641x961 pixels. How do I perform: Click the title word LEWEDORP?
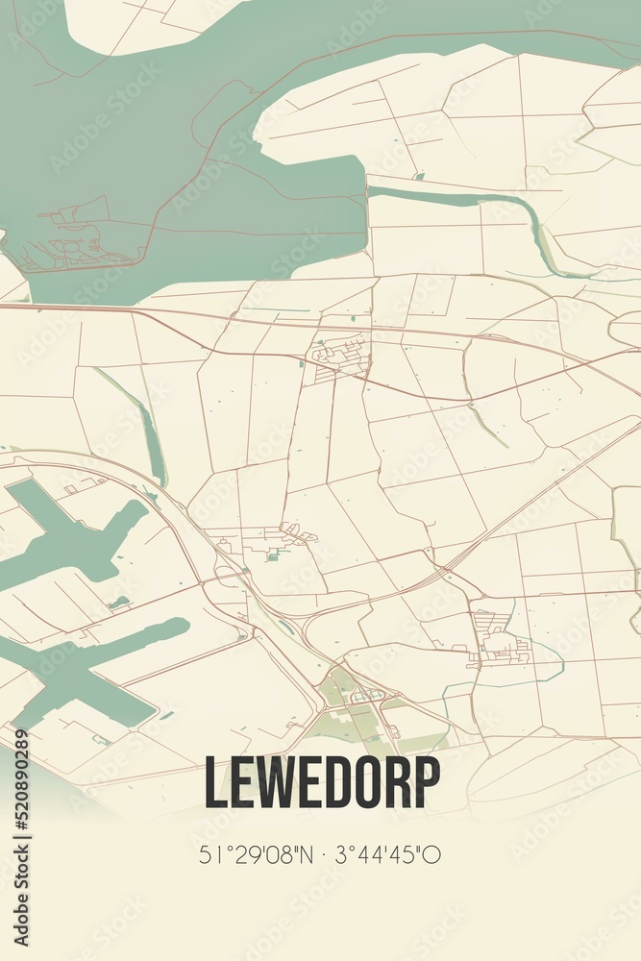coord(321,783)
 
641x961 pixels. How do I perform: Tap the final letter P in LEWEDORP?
coord(427,783)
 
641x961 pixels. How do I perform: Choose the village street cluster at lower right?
coord(500,638)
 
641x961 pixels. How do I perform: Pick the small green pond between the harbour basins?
coord(119,603)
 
